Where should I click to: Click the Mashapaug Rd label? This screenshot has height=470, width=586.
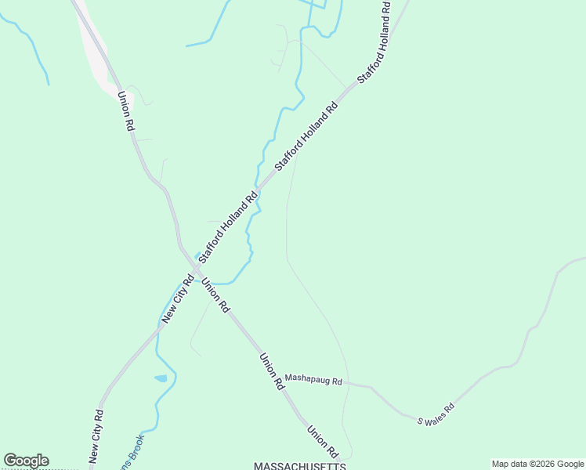point(313,381)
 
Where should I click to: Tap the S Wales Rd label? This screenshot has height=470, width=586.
point(436,414)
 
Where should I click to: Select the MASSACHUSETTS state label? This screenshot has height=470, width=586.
point(299,465)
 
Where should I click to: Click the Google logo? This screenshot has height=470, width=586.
point(26,461)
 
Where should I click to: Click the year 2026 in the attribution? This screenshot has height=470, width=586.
point(544,464)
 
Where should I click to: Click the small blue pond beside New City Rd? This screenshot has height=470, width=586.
point(161,378)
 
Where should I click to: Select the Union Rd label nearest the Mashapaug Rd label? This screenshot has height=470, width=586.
point(271,371)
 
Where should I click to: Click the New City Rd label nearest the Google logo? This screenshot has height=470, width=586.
point(96,436)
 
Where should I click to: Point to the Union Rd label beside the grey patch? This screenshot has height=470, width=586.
point(125,111)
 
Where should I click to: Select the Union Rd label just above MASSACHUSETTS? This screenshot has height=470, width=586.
point(322,441)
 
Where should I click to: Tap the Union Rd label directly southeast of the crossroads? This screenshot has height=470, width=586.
point(214,295)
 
